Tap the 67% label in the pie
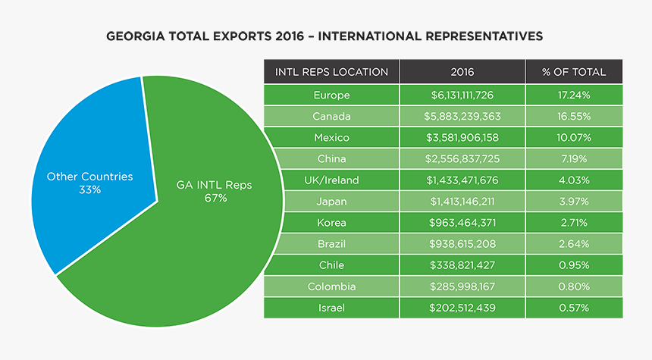point(215,199)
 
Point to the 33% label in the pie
point(89,189)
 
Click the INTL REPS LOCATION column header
point(331,72)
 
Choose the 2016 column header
point(462,72)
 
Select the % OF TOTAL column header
point(573,72)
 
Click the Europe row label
point(331,95)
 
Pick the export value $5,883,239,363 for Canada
point(462,116)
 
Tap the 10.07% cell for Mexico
point(573,137)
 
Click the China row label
point(331,158)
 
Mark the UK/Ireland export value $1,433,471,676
point(462,180)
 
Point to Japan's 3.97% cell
point(573,202)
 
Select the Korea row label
point(331,223)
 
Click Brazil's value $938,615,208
point(462,244)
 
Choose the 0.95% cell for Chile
point(573,265)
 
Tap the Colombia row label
point(331,286)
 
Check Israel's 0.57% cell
point(573,308)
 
